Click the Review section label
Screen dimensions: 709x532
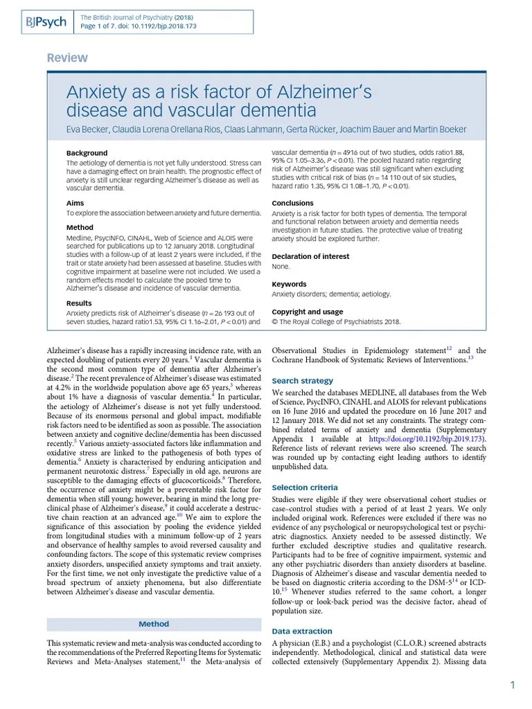pyautogui.click(x=67, y=58)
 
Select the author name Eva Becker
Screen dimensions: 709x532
pyautogui.click(x=86, y=129)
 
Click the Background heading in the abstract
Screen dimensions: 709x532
pyautogui.click(x=87, y=153)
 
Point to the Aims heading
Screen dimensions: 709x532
pyautogui.click(x=75, y=203)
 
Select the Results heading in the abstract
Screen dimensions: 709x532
pyautogui.click(x=79, y=303)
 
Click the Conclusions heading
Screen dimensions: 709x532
pyautogui.click(x=292, y=203)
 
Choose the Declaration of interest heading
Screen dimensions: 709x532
pyautogui.click(x=310, y=256)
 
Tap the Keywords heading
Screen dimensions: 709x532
pyautogui.click(x=289, y=284)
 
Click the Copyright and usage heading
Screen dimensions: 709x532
pyautogui.click(x=307, y=312)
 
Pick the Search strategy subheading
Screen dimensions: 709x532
pyautogui.click(x=302, y=381)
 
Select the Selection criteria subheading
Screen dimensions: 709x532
pyautogui.click(x=305, y=488)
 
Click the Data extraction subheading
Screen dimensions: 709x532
pyautogui.click(x=301, y=631)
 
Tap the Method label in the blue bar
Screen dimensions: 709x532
pyautogui.click(x=154, y=624)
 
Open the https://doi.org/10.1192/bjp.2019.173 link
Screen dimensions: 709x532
pyautogui.click(x=427, y=438)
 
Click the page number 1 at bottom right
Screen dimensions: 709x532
pyautogui.click(x=513, y=685)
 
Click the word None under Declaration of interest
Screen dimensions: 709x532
pyautogui.click(x=281, y=266)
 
